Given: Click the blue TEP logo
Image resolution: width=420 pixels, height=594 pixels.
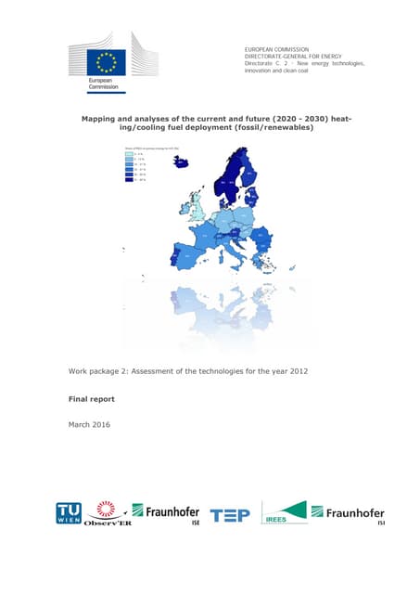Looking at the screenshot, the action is pos(230,515).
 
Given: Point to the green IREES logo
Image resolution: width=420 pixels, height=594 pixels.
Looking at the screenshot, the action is pos(284,513).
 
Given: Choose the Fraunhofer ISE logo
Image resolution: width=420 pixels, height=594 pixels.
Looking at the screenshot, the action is pos(166,512).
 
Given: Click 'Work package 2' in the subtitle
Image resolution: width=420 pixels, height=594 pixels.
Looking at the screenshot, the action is pos(106,371).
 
